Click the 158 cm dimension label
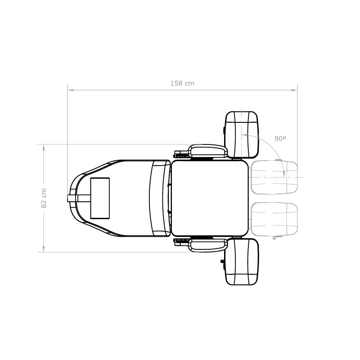182,83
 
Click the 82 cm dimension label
44,198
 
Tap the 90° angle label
280,139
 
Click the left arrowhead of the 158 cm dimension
71,90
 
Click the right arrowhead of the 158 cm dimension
295,90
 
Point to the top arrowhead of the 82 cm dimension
44,148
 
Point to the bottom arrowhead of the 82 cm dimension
44,249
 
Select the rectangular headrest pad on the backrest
100,198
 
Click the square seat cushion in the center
210,198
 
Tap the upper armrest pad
208,151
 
